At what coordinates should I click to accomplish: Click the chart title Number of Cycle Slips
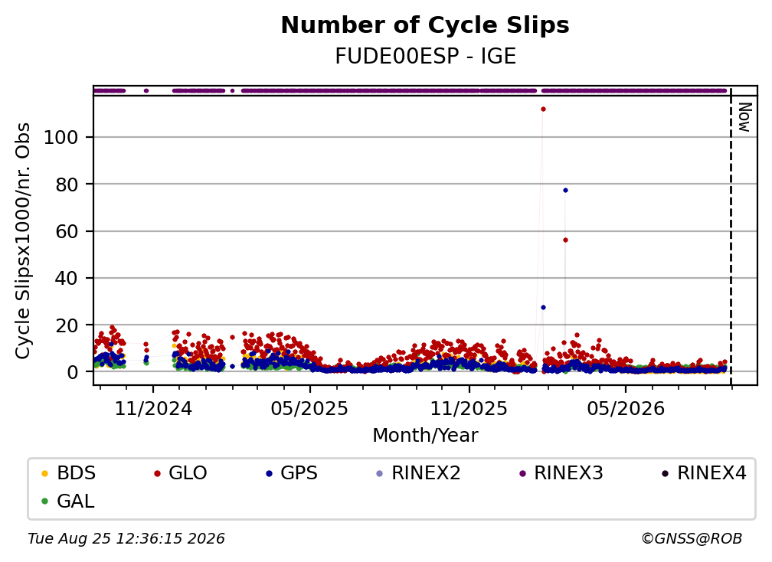(425, 25)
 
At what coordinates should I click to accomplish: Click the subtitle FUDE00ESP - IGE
(425, 57)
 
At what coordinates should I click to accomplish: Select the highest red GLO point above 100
(543, 109)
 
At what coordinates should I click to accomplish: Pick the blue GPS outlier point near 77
(565, 191)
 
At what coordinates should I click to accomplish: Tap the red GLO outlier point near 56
(565, 240)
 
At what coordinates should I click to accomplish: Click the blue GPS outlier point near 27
(543, 308)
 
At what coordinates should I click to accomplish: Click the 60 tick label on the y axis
(67, 231)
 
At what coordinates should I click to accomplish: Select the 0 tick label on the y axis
(73, 372)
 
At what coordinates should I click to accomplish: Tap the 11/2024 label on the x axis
(153, 408)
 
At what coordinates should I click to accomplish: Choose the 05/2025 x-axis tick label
(309, 408)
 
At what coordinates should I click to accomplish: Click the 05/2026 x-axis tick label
(626, 408)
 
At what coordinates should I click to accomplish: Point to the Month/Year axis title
(425, 436)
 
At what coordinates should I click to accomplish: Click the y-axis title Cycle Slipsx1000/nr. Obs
(23, 240)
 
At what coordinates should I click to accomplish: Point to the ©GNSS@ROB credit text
(692, 539)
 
